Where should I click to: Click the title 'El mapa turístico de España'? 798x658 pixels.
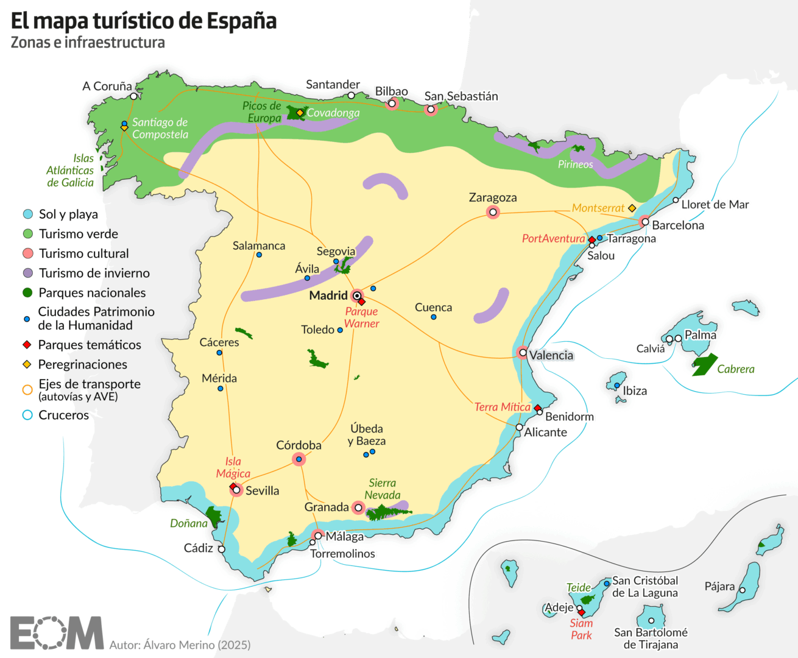[144, 21]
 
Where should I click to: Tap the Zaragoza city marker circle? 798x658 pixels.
[493, 212]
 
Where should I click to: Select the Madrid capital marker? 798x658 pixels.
[357, 295]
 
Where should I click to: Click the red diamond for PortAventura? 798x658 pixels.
[591, 240]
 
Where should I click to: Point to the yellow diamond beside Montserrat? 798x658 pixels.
[632, 208]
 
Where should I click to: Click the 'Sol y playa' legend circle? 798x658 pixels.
[27, 214]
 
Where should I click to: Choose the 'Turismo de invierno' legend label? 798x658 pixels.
[94, 273]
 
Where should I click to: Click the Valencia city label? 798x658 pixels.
[551, 355]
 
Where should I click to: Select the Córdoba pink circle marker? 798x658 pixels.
[298, 459]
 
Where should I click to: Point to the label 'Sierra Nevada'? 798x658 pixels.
[383, 489]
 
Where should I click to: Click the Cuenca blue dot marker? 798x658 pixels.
[434, 317]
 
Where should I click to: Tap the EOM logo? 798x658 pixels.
[56, 632]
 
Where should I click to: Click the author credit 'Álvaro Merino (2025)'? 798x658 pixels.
[180, 645]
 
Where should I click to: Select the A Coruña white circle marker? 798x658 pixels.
[134, 96]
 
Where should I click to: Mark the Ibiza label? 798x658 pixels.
[635, 391]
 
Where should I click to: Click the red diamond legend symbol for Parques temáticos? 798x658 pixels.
[27, 345]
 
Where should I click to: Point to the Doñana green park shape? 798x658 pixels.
[214, 517]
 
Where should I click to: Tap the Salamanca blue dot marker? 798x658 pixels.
[259, 255]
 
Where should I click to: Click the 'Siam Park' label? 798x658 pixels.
[581, 629]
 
